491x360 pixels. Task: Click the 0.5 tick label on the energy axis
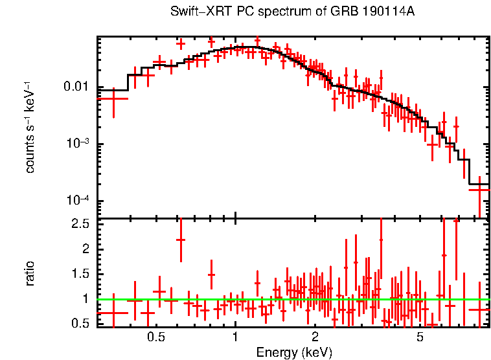[155, 337]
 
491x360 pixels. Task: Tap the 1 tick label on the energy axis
[235, 337]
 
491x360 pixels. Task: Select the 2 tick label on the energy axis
[315, 337]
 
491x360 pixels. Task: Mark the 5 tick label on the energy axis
[420, 337]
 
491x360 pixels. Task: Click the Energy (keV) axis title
[294, 352]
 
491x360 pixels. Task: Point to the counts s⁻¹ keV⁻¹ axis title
[30, 126]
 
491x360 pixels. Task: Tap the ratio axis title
[30, 273]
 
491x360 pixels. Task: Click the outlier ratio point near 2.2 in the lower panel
[181, 240]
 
